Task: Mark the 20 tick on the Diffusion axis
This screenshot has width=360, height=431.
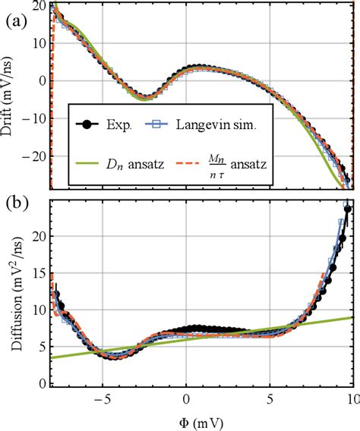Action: tap(37, 235)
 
